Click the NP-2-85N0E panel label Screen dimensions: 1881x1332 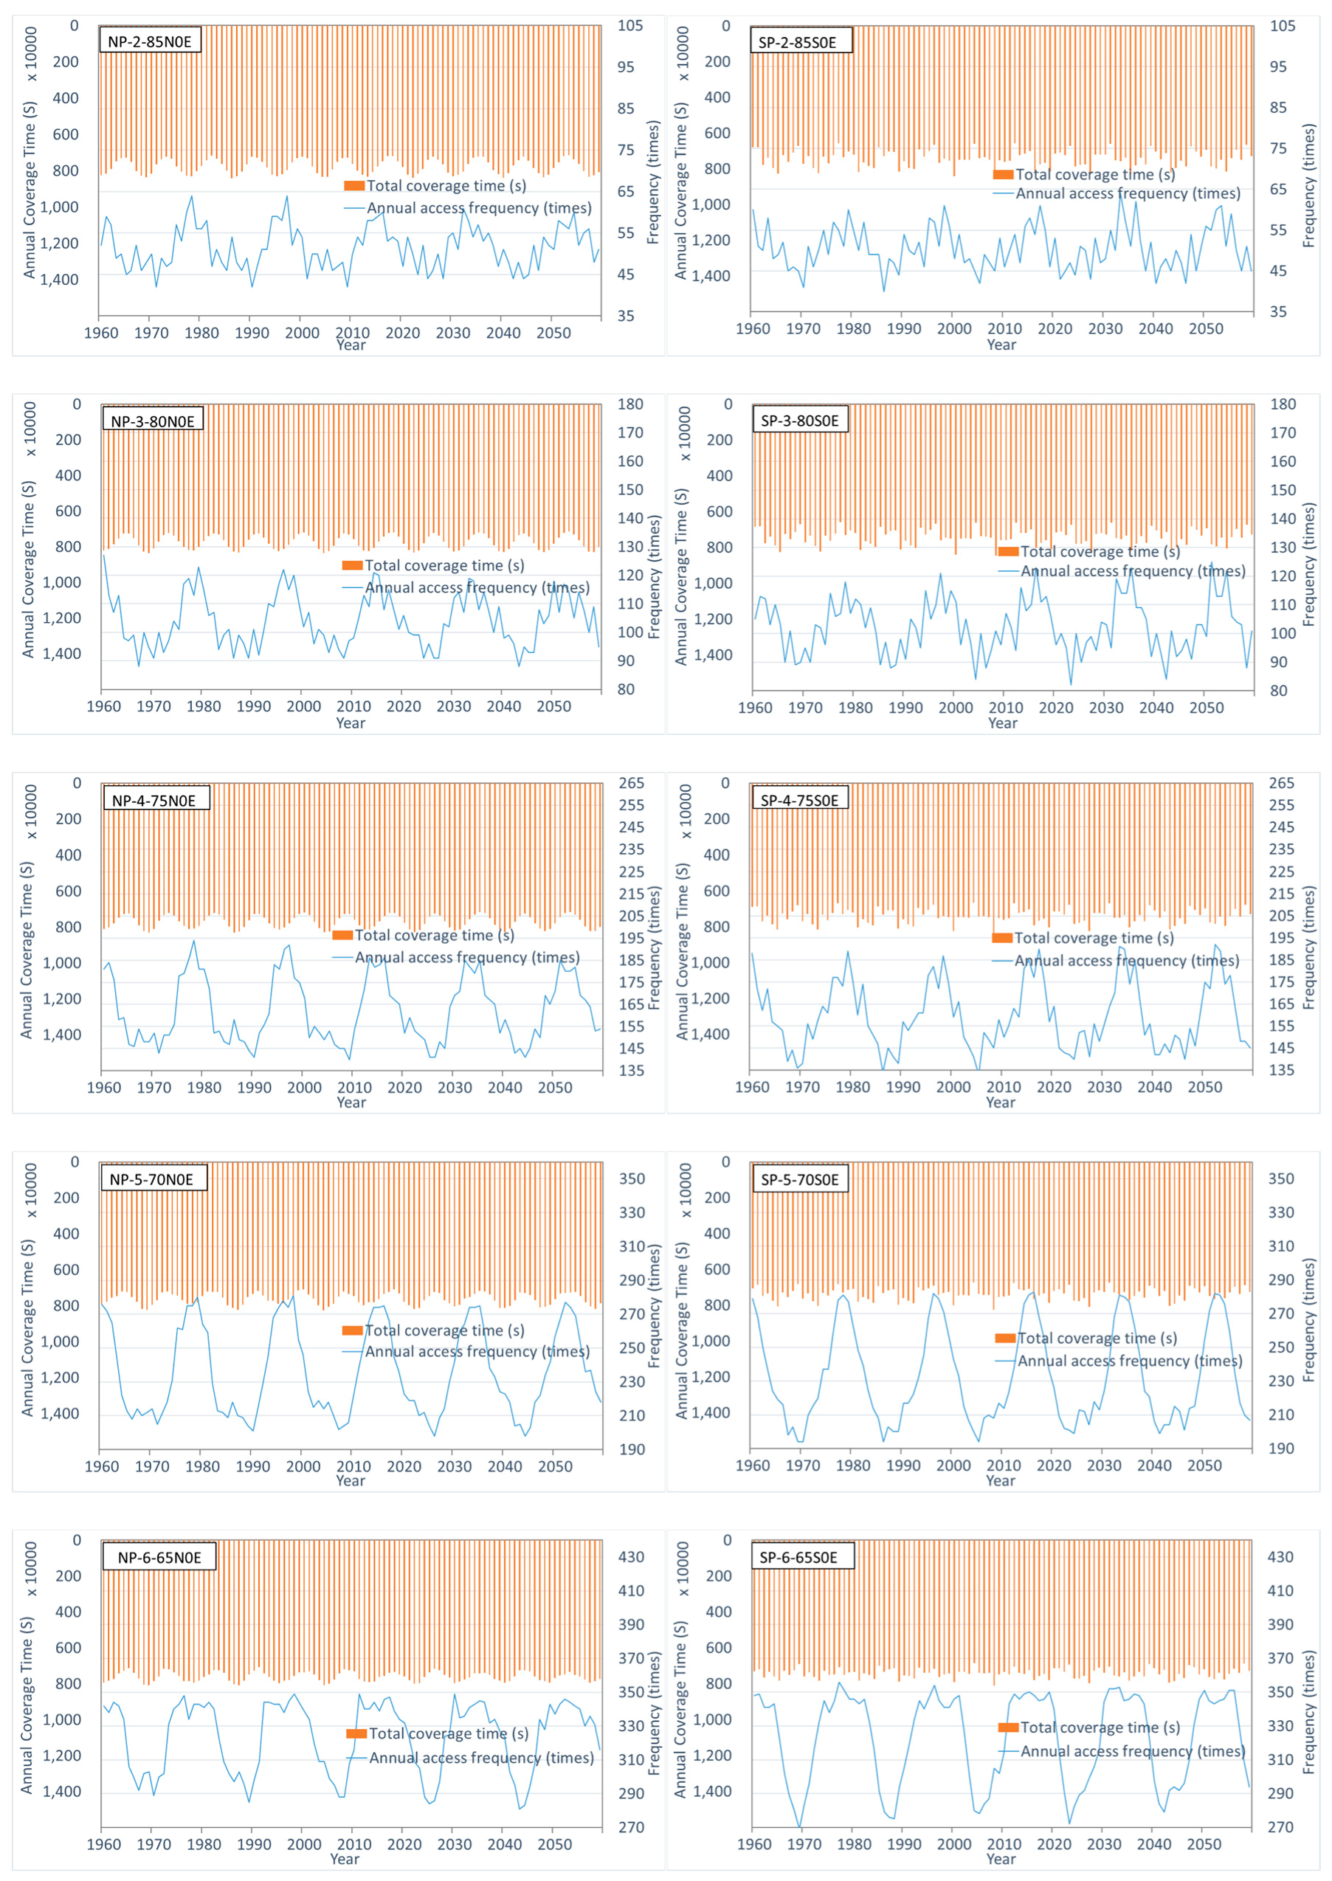pos(149,41)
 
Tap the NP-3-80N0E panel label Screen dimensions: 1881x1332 pos(153,421)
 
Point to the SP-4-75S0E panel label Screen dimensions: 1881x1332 pos(800,799)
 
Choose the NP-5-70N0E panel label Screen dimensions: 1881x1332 pos(152,1179)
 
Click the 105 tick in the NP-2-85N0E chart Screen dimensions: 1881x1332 pos(630,25)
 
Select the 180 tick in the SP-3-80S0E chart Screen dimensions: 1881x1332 pos(1283,404)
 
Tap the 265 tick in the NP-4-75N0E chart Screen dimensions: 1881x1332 pos(631,783)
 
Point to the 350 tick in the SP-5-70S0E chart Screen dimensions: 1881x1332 pos(1281,1178)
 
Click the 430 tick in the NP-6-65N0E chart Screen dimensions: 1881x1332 pos(631,1556)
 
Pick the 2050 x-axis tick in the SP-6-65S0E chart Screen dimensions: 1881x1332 pos(1204,1844)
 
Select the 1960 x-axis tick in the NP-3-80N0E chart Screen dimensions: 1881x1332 pos(104,706)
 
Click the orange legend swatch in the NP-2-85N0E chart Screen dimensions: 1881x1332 pos(353,186)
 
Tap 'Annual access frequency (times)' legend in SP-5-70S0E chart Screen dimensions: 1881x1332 pos(1129,1361)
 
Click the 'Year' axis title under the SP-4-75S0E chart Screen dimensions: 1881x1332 pos(1001,1102)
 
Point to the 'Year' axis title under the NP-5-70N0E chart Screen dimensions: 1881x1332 pos(351,1480)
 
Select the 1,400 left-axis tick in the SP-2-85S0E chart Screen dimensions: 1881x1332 pos(711,275)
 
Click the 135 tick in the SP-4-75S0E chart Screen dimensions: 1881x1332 pos(1281,1070)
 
